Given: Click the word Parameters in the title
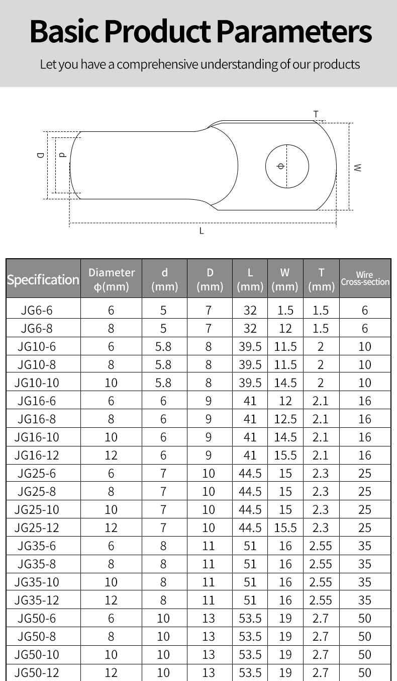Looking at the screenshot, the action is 294,32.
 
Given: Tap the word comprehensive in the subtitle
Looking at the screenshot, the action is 157,65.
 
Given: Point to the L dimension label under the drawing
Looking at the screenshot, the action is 202,231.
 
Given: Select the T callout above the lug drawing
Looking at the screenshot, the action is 316,114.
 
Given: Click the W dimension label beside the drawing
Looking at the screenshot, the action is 358,167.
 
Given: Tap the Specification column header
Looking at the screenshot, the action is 43,279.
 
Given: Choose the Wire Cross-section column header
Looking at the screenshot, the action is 365,278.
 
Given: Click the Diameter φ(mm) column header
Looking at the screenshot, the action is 112,279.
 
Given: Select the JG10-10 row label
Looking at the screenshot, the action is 37,383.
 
